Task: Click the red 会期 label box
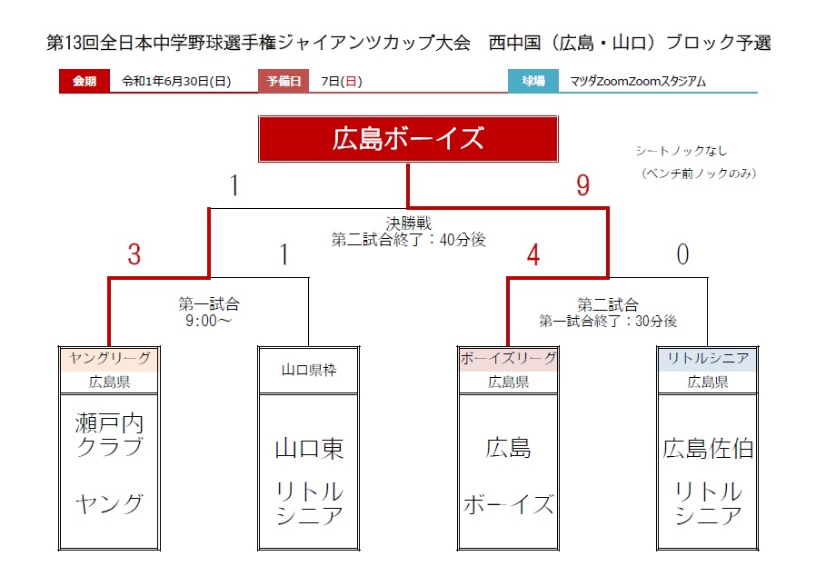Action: pos(85,81)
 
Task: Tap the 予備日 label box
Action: pos(284,81)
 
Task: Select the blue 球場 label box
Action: pos(533,81)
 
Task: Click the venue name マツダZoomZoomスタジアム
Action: pos(638,82)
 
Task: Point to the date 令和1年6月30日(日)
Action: pos(176,82)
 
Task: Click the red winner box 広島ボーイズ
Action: pos(408,139)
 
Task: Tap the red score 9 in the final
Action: pos(582,185)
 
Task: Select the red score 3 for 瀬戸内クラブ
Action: pos(134,254)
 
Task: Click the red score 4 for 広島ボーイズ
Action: pos(533,255)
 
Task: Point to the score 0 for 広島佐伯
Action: pos(682,254)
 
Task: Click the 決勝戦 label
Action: pos(409,223)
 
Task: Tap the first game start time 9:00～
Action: pos(208,321)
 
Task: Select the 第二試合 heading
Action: pos(608,304)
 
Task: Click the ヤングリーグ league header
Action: pos(109,358)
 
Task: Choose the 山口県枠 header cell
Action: pos(309,370)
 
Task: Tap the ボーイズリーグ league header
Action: pos(509,358)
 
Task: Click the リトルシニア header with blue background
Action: pos(708,358)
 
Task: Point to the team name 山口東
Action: pos(309,449)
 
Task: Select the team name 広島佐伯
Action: pos(708,449)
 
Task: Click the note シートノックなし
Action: pos(682,151)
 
